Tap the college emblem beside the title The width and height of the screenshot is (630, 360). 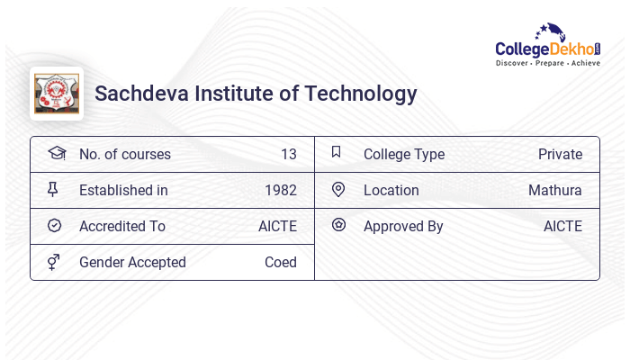pyautogui.click(x=57, y=94)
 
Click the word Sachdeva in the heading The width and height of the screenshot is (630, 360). pyautogui.click(x=138, y=94)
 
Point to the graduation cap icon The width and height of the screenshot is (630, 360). pyautogui.click(x=56, y=154)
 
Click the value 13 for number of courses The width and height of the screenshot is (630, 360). pyautogui.click(x=288, y=154)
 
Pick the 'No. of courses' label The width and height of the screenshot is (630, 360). pyautogui.click(x=124, y=154)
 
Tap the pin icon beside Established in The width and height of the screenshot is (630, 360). pyautogui.click(x=54, y=190)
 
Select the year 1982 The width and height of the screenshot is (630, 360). pyautogui.click(x=281, y=190)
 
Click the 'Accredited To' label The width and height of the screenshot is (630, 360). pyautogui.click(x=122, y=226)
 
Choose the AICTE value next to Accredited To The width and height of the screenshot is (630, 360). pyautogui.click(x=277, y=226)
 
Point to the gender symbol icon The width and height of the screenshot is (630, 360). pyautogui.click(x=54, y=262)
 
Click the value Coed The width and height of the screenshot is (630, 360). pyautogui.click(x=281, y=262)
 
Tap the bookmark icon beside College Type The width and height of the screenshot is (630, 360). pyautogui.click(x=337, y=153)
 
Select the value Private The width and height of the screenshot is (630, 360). pyautogui.click(x=560, y=154)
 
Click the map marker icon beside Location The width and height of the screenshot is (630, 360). pyautogui.click(x=338, y=190)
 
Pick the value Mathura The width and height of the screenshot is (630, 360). pyautogui.click(x=555, y=190)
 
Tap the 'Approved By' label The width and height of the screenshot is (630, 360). pyautogui.click(x=403, y=226)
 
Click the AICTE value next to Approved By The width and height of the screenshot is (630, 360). pyautogui.click(x=562, y=226)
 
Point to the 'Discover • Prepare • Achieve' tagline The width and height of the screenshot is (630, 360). pyautogui.click(x=547, y=64)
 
